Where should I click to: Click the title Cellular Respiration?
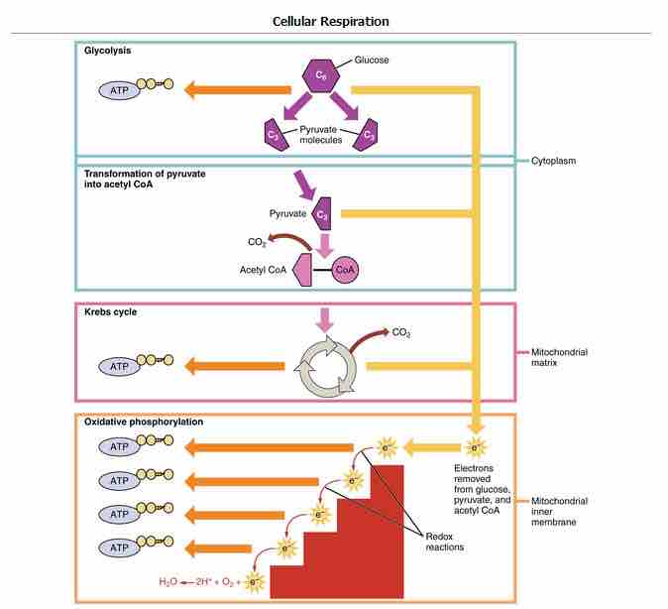(331, 21)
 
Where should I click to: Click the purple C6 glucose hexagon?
(321, 75)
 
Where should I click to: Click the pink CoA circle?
(345, 269)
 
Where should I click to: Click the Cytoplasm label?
(552, 160)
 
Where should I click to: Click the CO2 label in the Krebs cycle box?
(401, 332)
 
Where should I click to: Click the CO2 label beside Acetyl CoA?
(256, 240)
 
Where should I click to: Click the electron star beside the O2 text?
(255, 581)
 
